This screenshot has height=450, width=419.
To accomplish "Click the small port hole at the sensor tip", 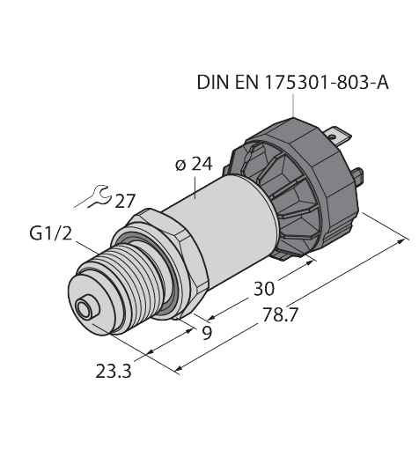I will point(85,310).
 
